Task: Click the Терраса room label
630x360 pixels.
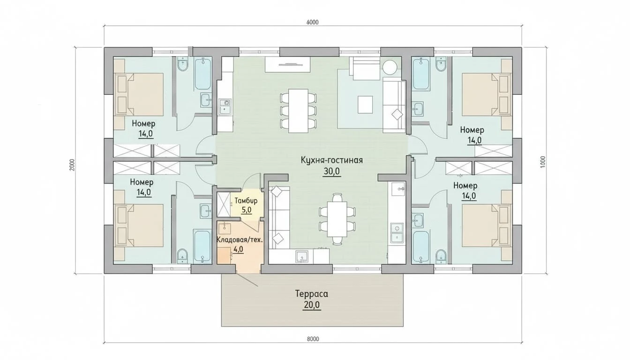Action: coord(312,294)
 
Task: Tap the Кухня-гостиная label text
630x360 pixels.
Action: coord(331,160)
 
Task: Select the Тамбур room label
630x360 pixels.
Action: coord(246,201)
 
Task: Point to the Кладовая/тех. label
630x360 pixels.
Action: coord(240,240)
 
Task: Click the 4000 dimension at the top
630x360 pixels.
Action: coord(313,22)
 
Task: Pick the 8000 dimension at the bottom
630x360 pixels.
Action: coord(313,339)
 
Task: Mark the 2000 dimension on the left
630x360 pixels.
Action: coord(72,165)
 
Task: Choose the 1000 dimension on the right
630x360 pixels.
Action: coord(543,162)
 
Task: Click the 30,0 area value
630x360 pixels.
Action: coord(331,171)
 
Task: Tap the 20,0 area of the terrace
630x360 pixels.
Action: coord(312,305)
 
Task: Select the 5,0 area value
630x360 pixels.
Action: coord(246,210)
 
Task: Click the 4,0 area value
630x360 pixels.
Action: coord(238,249)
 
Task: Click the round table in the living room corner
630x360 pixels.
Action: coord(390,67)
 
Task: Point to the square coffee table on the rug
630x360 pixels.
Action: coord(365,105)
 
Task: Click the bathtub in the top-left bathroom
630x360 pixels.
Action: coord(202,74)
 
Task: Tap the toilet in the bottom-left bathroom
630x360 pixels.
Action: coord(182,255)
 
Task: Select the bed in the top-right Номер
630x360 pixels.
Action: coord(486,95)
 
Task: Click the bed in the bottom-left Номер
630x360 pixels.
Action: coord(139,225)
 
